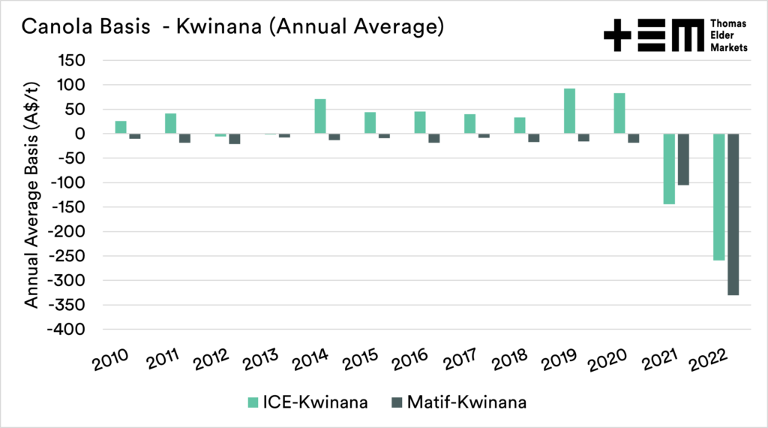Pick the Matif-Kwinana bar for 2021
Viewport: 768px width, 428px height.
tap(683, 159)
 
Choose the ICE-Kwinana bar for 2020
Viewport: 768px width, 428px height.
tap(619, 113)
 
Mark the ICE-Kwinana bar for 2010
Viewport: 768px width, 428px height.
tap(121, 127)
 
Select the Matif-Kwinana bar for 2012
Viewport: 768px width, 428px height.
tap(235, 139)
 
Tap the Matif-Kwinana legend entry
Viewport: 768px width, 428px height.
tap(457, 402)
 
